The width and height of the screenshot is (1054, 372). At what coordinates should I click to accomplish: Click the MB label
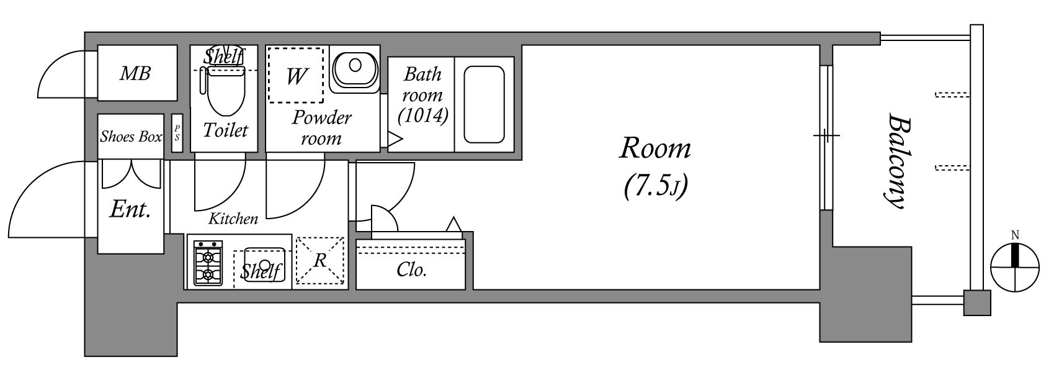coord(135,74)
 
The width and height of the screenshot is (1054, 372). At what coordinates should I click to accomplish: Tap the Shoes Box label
coord(131,137)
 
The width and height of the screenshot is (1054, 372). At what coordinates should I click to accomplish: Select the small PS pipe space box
coord(177,133)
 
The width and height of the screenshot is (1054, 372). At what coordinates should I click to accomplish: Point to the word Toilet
coord(225,130)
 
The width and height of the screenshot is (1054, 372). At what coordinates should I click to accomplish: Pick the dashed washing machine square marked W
coord(296,76)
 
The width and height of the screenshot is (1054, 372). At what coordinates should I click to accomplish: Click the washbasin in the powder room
coord(354,68)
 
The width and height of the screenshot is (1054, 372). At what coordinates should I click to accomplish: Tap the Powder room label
coord(321,127)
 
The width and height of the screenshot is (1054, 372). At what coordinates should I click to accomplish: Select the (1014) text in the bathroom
coord(423,115)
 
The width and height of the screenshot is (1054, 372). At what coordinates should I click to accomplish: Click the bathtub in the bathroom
coord(484,104)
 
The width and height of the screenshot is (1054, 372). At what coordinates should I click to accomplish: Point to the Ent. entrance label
coord(130,210)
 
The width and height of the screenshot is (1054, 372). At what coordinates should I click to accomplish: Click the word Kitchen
coord(233,219)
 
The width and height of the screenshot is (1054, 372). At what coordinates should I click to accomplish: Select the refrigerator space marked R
coord(319,260)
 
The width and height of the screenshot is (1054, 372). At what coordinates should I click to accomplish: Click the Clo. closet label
coord(411,270)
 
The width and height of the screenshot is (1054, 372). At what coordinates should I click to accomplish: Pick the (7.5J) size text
coord(656,186)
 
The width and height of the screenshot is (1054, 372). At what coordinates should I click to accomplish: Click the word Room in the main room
coord(655,148)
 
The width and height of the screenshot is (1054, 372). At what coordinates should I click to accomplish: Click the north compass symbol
coord(1015,267)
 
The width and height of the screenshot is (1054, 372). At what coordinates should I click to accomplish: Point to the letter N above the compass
coord(1015,235)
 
